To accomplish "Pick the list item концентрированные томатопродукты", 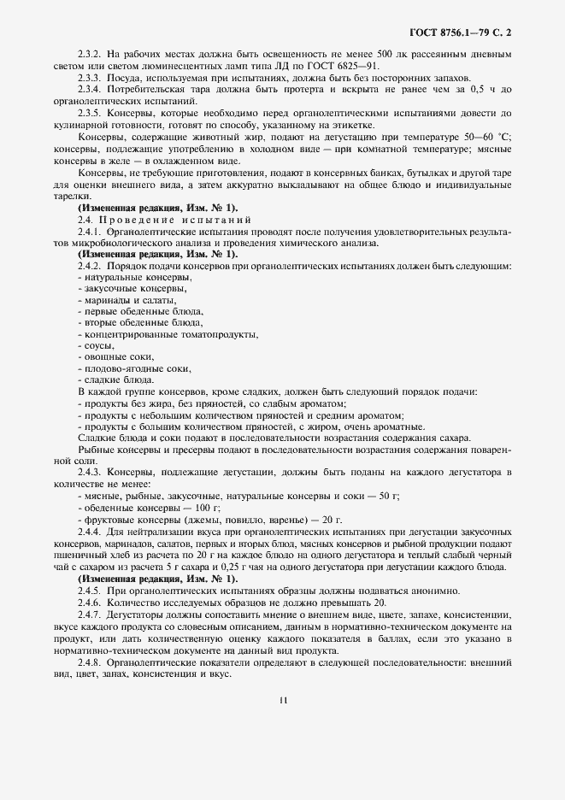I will point(170,334).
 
